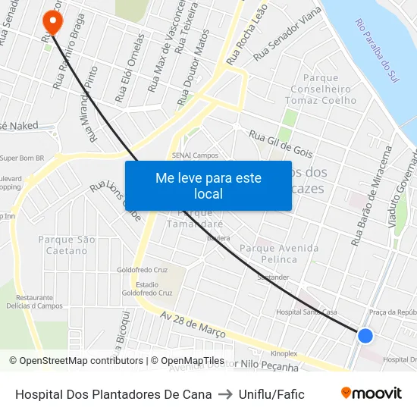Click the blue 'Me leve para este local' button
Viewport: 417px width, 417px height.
pos(208,186)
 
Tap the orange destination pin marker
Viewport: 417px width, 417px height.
pos(53,16)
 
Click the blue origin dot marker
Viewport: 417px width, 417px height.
pos(365,335)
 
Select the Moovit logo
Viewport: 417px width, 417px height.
pos(372,393)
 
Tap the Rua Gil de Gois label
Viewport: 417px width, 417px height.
pos(281,142)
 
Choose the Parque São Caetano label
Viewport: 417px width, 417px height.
pos(67,245)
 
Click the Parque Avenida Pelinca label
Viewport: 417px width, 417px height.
pos(279,253)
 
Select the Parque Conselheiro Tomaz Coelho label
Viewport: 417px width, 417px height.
pos(330,89)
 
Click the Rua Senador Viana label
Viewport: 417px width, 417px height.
pos(287,35)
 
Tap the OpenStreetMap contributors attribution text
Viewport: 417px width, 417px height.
pos(77,361)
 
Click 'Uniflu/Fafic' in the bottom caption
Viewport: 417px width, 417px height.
pos(271,394)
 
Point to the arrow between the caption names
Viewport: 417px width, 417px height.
pos(226,394)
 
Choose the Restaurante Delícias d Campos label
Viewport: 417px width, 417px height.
pos(45,302)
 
